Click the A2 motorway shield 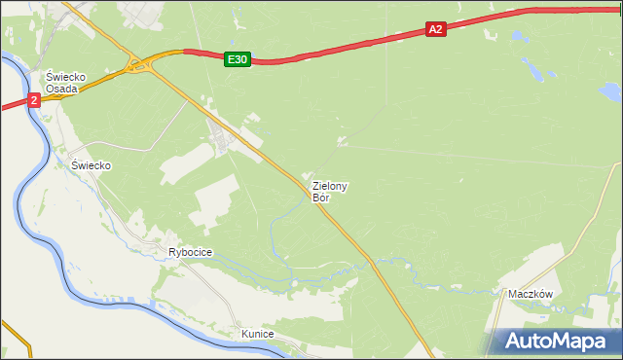tap(435, 30)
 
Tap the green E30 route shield tap(237, 59)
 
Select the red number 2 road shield tap(34, 100)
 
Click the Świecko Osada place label tap(67, 83)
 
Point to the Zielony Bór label tap(330, 191)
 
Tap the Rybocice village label tap(190, 252)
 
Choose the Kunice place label tap(258, 334)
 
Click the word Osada tap(67, 89)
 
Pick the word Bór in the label tap(321, 198)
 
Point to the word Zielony tap(331, 185)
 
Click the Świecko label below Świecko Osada tap(92, 165)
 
